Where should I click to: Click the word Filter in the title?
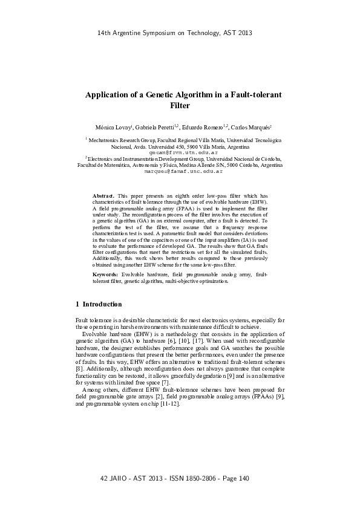180,105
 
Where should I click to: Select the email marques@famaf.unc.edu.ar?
180,172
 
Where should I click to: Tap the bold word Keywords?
106,274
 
